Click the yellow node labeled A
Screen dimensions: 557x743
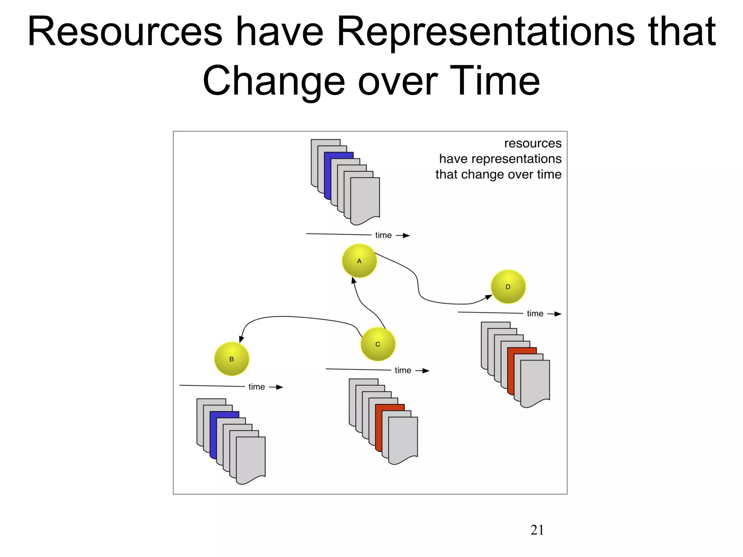pos(359,261)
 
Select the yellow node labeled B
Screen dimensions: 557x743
pos(231,359)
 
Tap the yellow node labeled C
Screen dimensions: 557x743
pos(378,344)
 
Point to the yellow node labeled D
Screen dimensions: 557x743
pos(508,286)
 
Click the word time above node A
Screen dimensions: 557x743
pos(383,235)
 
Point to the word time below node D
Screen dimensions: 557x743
pos(535,314)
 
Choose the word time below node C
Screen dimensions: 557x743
pos(403,370)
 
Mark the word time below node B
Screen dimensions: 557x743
pos(256,387)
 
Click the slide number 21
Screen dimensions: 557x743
pos(537,530)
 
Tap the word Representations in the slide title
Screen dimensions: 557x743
pos(486,32)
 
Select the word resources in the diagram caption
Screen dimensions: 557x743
pos(533,143)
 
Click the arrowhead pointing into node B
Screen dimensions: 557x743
pos(241,339)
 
